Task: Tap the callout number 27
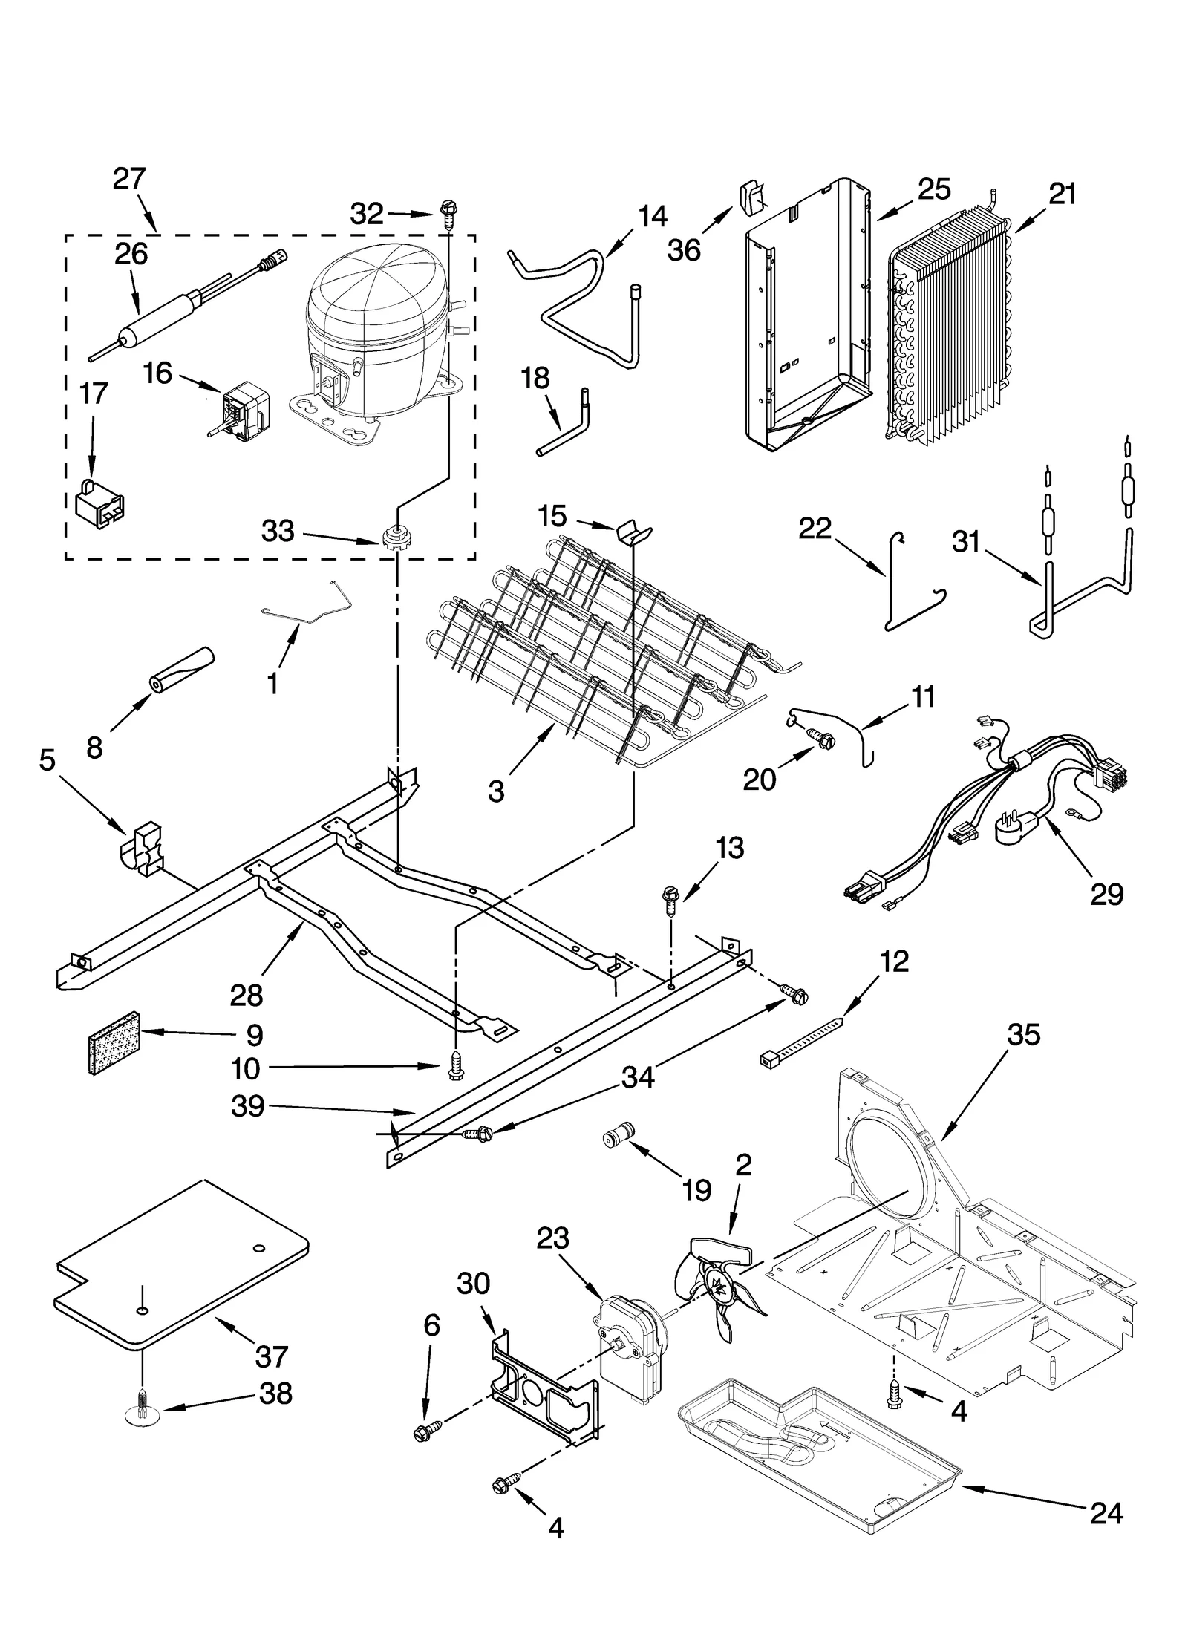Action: point(129,179)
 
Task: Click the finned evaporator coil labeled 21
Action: point(950,327)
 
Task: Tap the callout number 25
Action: point(933,189)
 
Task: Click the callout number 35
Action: point(1024,1034)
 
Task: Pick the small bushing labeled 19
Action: point(618,1155)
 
